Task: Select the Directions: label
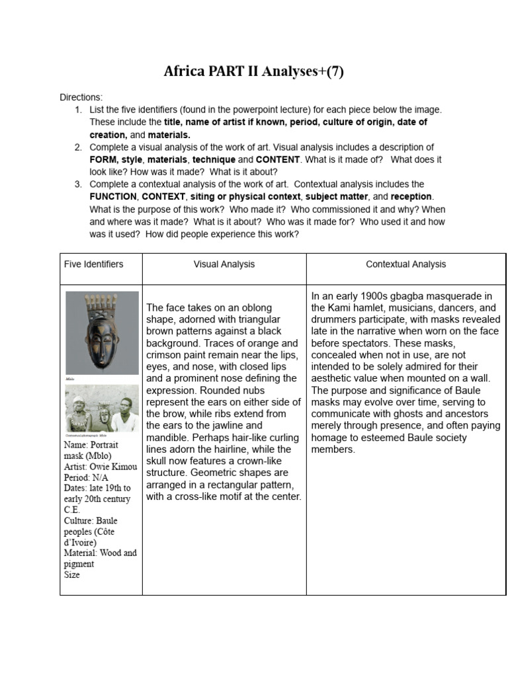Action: pos(81,97)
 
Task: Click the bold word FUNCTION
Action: pos(113,196)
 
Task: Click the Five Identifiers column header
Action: pos(93,264)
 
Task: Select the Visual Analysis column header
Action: pos(224,264)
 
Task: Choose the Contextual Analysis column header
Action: pos(405,264)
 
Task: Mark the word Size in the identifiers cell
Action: pos(71,575)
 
